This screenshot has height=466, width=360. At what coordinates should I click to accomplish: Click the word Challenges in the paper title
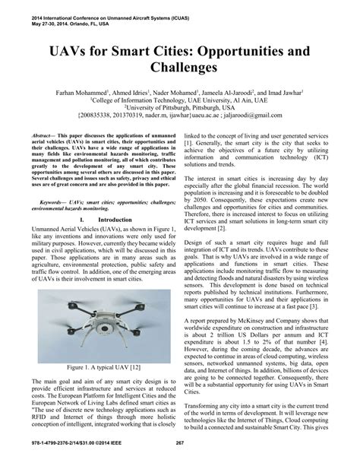(x=180, y=68)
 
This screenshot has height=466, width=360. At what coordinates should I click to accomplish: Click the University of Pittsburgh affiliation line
(x=180, y=109)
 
